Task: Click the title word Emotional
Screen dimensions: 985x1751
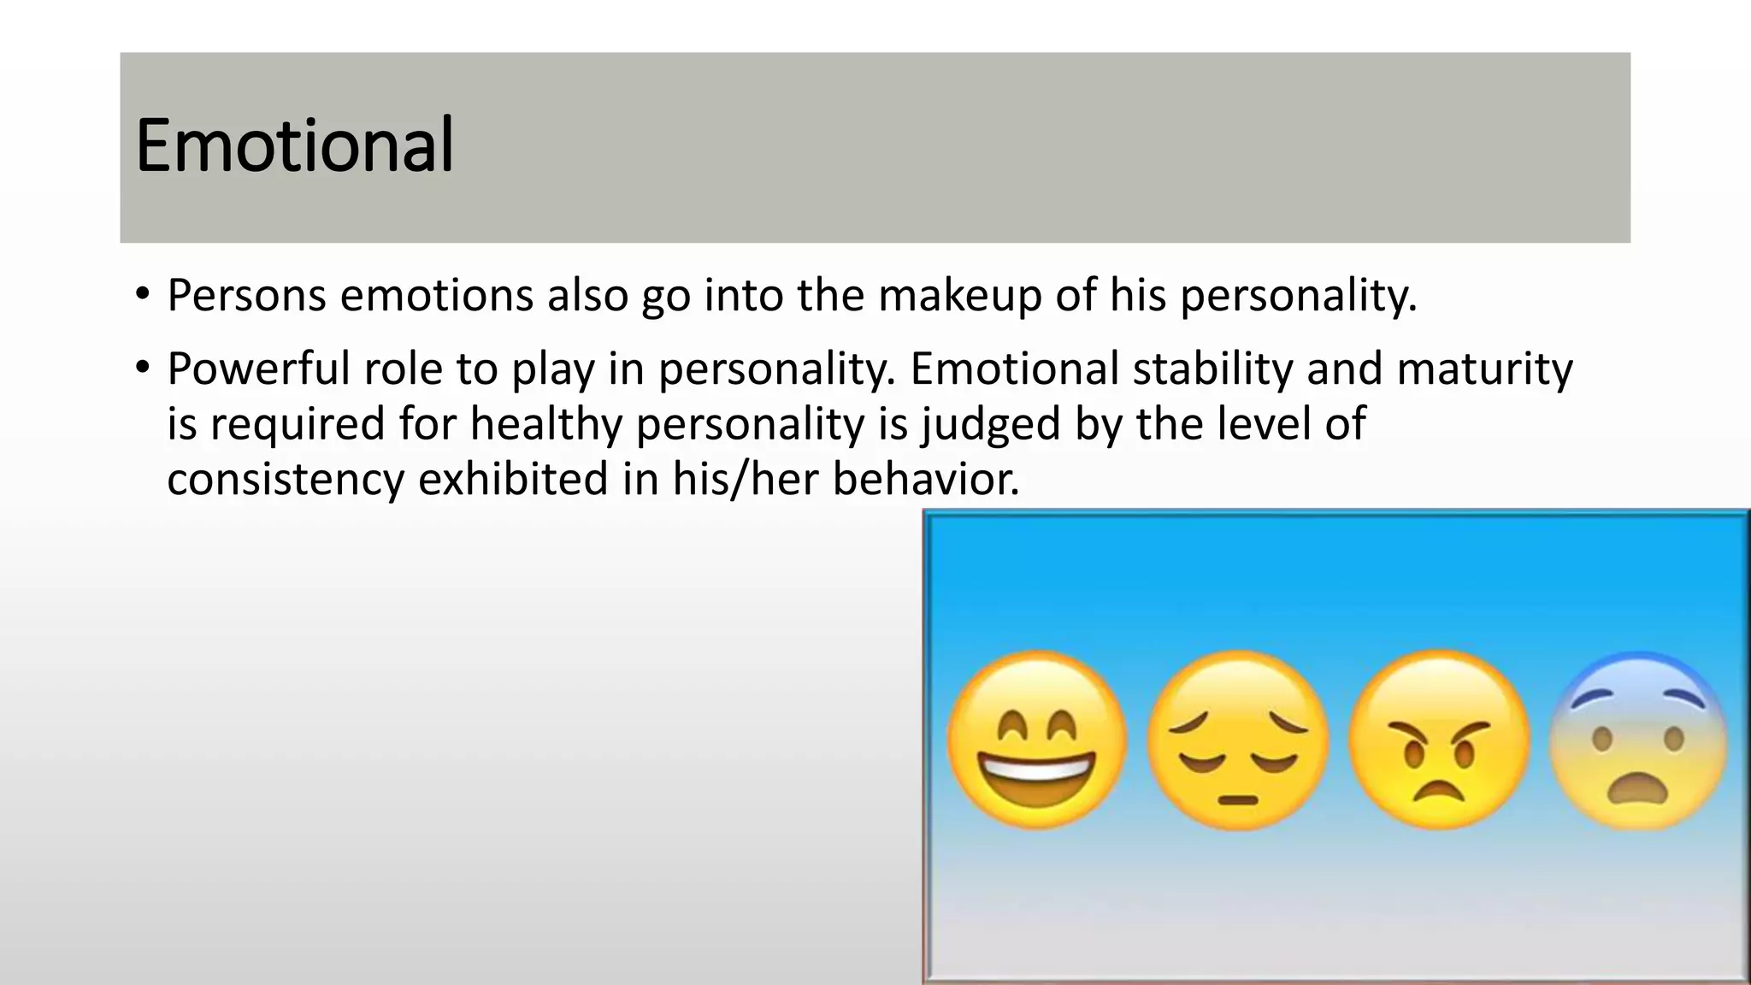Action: pos(294,145)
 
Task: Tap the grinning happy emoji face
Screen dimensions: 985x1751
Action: pos(1036,740)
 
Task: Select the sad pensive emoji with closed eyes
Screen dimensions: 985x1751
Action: pos(1237,740)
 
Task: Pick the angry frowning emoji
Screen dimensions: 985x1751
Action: pos(1439,740)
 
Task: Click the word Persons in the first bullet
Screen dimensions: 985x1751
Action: pos(246,296)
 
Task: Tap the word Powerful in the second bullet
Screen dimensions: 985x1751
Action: pos(258,369)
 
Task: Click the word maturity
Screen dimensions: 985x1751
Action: pos(1484,369)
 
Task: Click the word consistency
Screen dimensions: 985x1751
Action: pos(285,479)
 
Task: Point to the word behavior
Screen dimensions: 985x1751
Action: pos(926,479)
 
